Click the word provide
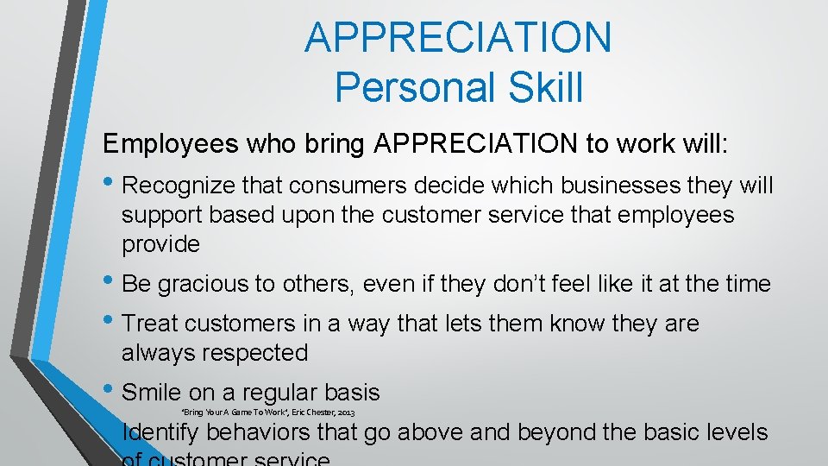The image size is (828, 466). tap(160, 244)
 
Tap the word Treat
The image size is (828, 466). tap(152, 324)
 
